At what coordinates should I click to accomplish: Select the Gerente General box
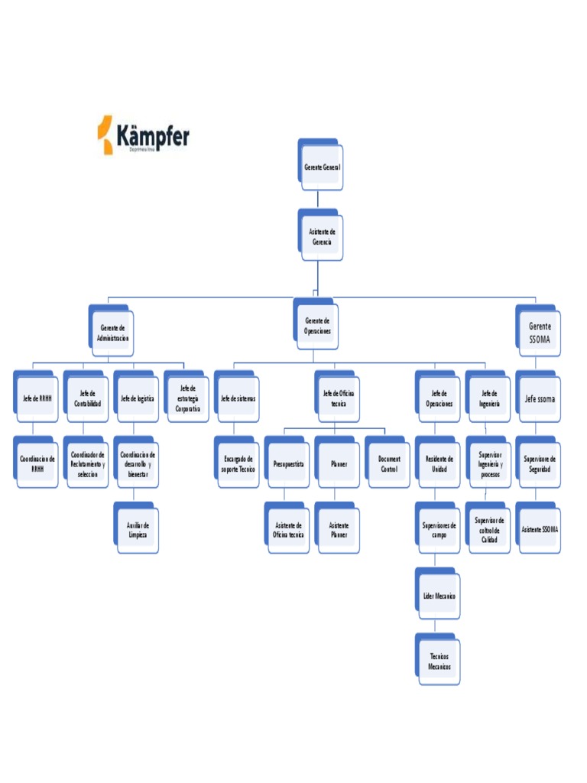(322, 167)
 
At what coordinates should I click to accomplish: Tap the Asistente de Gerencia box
(322, 236)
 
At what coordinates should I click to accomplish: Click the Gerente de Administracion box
(112, 333)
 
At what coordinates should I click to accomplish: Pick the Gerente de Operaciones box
(317, 327)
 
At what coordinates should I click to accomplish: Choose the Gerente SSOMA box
(539, 333)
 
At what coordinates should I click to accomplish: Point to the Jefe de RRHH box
(37, 398)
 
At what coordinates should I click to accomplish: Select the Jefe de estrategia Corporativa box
(187, 398)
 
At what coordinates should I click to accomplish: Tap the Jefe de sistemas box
(238, 398)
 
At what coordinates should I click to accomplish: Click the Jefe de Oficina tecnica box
(338, 398)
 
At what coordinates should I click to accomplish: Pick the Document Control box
(388, 464)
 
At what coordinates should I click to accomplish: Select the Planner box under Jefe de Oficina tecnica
(338, 464)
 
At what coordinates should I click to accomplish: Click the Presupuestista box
(288, 464)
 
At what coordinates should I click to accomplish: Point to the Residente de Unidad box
(439, 464)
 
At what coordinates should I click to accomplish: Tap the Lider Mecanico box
(439, 596)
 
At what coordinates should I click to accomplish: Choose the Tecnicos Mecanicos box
(439, 661)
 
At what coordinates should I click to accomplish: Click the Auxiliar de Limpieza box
(138, 530)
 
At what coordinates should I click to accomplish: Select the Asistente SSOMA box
(540, 530)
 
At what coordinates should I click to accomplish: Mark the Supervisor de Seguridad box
(540, 464)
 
